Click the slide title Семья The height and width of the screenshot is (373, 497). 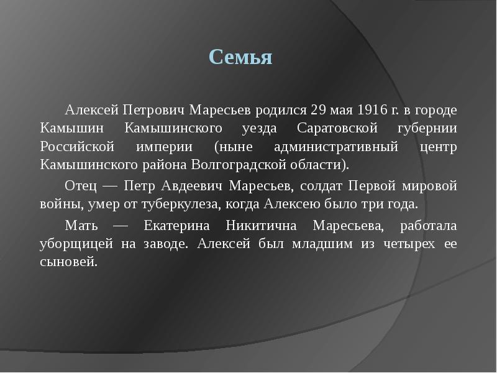241,58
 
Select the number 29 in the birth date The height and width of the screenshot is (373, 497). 317,110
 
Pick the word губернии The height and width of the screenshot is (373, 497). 427,128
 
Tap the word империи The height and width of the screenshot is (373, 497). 162,147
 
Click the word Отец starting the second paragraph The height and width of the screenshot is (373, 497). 81,186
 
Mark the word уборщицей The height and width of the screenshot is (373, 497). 73,244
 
